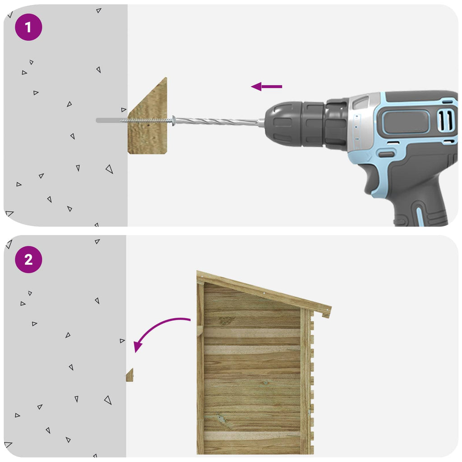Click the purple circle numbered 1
(x=28, y=27)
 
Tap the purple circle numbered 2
(x=28, y=259)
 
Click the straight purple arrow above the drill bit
(x=266, y=87)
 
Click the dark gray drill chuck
(x=295, y=124)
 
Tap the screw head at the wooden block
(x=174, y=120)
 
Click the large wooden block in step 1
(x=148, y=116)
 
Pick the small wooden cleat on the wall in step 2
(x=129, y=375)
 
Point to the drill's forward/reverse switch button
(x=386, y=154)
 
